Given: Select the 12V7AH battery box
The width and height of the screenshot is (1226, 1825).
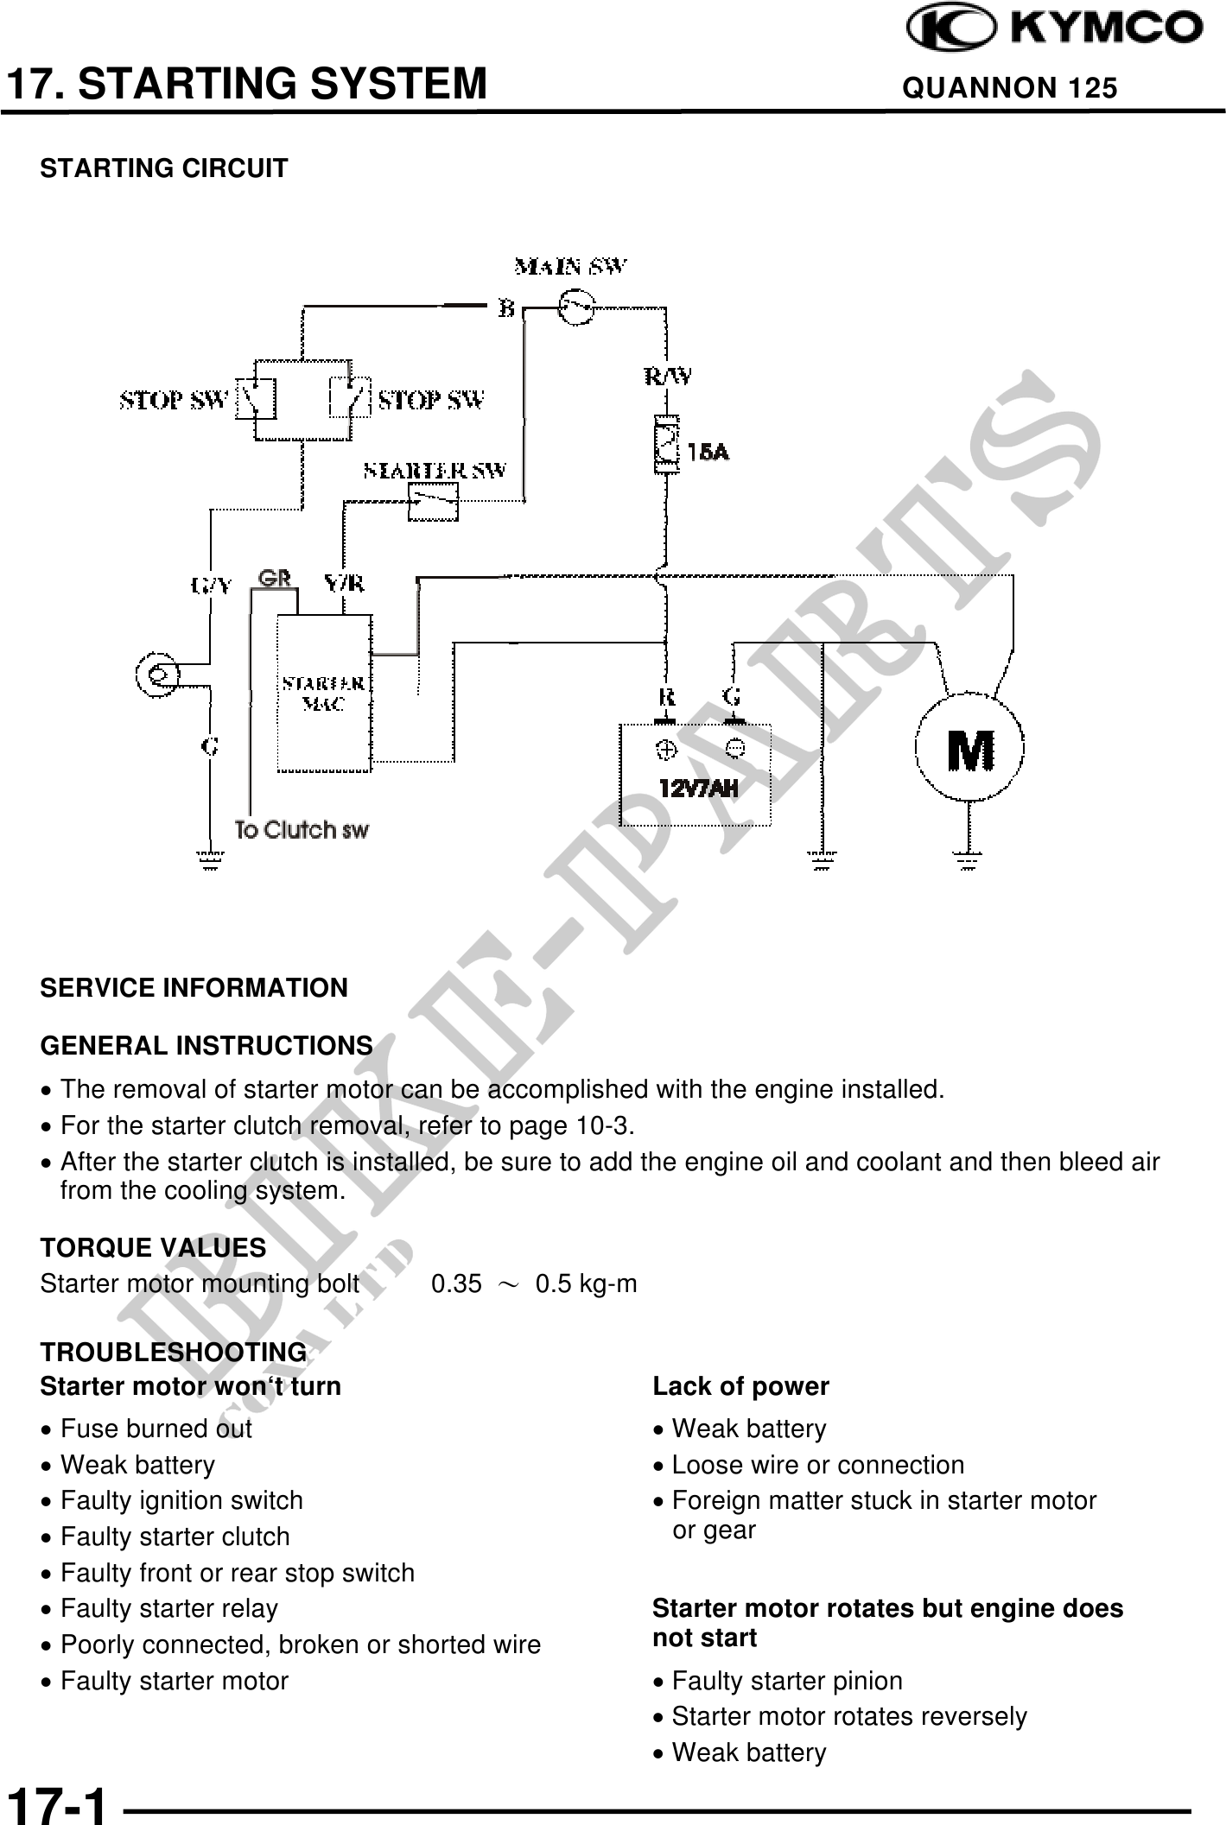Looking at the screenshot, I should pyautogui.click(x=695, y=775).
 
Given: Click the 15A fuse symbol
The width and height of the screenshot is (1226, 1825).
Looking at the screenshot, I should pyautogui.click(x=666, y=446).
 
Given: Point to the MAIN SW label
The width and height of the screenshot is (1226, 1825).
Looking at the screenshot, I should pyautogui.click(x=571, y=266).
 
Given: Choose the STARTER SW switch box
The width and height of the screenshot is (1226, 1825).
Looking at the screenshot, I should pyautogui.click(x=433, y=501).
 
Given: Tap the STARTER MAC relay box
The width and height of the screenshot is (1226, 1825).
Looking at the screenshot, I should pyautogui.click(x=324, y=693).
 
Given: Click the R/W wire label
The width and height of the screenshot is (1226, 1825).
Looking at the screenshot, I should pyautogui.click(x=668, y=377).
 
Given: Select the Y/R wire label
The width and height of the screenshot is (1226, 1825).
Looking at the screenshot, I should pyautogui.click(x=344, y=585).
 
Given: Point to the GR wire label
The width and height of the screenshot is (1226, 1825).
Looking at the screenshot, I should pyautogui.click(x=275, y=578).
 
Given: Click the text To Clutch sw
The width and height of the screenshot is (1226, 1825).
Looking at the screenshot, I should pyautogui.click(x=302, y=830).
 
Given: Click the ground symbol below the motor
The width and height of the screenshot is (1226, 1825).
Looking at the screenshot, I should pyautogui.click(x=969, y=859).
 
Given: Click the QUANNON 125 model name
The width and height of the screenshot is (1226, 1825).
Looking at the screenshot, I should pyautogui.click(x=1009, y=88).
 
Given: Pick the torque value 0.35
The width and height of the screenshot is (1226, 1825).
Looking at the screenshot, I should pyautogui.click(x=456, y=1284).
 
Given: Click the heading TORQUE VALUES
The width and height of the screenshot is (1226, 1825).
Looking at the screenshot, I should pyautogui.click(x=153, y=1247).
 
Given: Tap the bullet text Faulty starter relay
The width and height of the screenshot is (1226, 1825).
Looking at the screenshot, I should pyautogui.click(x=169, y=1608).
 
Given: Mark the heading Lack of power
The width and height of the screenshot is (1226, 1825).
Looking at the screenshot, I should pyautogui.click(x=740, y=1386).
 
